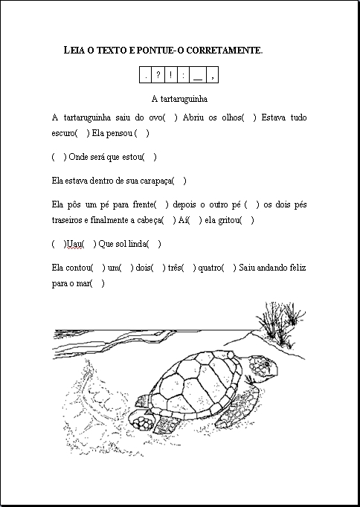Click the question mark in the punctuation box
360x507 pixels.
[159, 74]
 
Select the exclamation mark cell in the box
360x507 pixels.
[172, 74]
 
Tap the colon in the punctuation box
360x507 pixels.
[184, 74]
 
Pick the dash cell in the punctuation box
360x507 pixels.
[198, 74]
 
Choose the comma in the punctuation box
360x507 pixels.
[213, 74]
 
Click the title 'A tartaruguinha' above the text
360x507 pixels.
[179, 98]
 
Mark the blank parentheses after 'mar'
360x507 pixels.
[97, 282]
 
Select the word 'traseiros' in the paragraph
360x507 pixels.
[69, 220]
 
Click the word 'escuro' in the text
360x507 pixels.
[63, 133]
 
